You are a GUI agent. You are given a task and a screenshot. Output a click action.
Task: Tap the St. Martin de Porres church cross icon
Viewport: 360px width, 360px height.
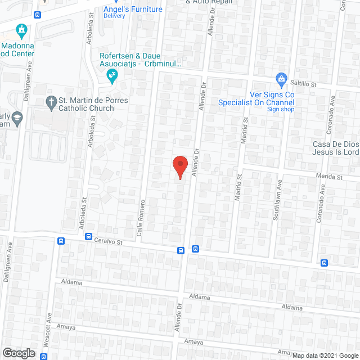tap(50, 101)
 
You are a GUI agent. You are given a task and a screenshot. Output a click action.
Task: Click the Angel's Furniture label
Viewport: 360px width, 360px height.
tap(133, 9)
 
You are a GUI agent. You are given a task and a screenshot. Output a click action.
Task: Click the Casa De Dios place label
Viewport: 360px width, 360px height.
tap(336, 144)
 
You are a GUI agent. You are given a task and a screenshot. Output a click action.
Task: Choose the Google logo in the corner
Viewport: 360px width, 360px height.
tap(18, 353)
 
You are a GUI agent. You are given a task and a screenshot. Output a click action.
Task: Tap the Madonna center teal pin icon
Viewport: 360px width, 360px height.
tap(22, 29)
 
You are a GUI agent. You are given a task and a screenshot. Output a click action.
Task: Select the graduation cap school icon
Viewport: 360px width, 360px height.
tap(17, 117)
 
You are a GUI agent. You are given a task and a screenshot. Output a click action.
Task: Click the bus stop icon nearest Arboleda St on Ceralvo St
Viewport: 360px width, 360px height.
tap(89, 237)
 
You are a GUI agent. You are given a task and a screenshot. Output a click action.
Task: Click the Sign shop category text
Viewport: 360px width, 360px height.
tap(280, 109)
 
